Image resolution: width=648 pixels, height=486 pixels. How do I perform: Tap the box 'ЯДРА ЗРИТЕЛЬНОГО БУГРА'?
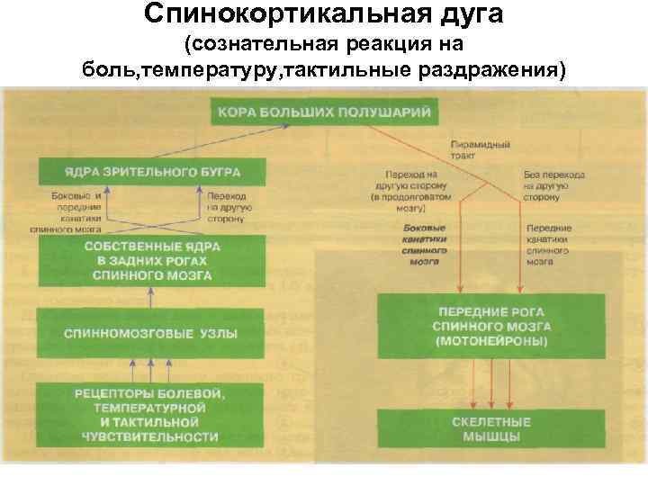pyautogui.click(x=151, y=171)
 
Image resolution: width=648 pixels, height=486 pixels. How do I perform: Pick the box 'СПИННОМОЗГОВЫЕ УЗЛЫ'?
pyautogui.click(x=151, y=333)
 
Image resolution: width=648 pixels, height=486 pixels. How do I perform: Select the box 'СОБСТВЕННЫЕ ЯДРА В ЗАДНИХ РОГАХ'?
pyautogui.click(x=151, y=260)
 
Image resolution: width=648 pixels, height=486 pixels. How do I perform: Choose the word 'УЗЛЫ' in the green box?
pyautogui.click(x=219, y=333)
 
